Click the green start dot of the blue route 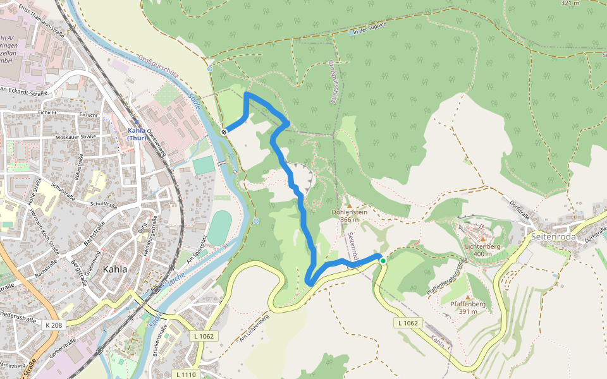383,260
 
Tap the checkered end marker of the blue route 224,131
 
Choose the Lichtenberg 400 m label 482,250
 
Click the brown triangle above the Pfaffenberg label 468,296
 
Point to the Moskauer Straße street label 75,136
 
